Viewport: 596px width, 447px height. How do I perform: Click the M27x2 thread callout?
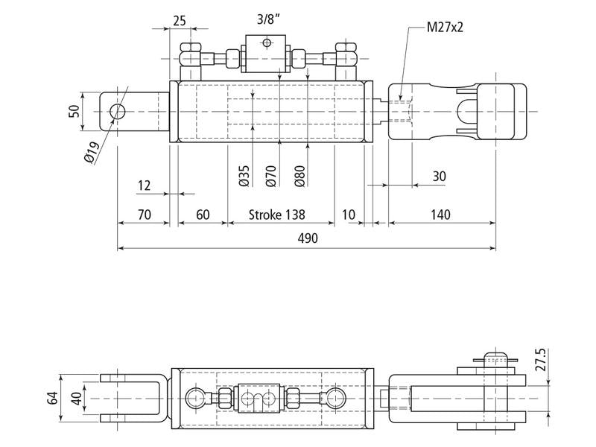[x=445, y=27]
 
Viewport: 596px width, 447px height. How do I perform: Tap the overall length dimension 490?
[x=308, y=238]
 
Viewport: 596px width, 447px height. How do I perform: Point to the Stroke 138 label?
[x=276, y=215]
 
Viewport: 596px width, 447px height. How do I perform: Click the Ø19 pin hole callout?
[x=92, y=153]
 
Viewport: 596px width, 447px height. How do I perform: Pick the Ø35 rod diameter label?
[x=244, y=176]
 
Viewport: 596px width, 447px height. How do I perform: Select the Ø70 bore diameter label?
[x=271, y=176]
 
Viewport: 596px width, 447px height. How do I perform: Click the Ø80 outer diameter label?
[x=300, y=176]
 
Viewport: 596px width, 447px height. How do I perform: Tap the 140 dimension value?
[x=440, y=215]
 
